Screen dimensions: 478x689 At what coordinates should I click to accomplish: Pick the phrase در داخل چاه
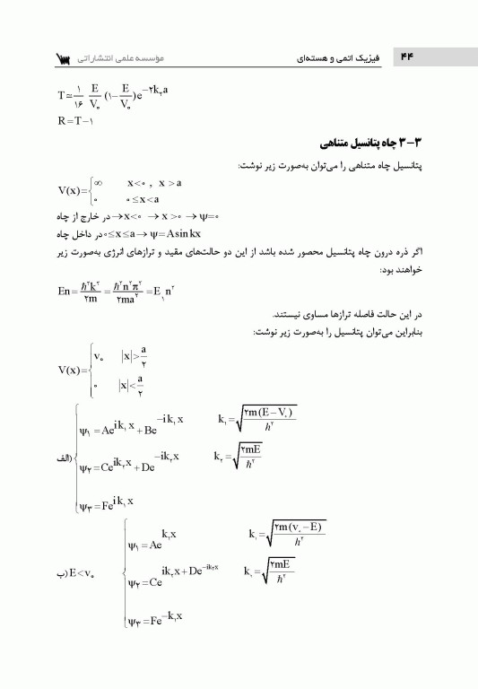click(64, 235)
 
